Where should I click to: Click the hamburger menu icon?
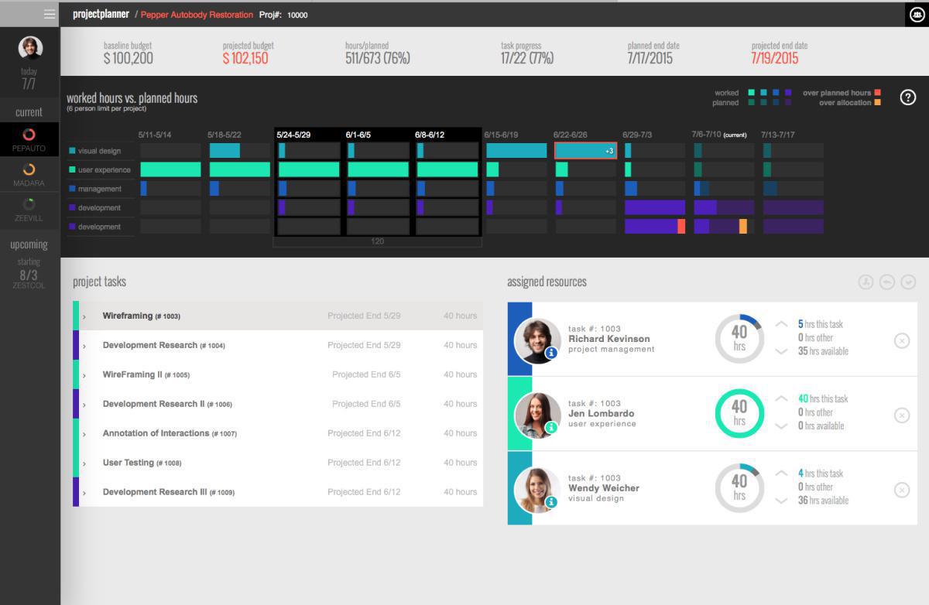[x=50, y=14]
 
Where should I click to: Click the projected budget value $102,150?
[x=245, y=58]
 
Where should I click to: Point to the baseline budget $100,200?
[x=129, y=58]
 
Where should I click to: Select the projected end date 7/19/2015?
[x=774, y=58]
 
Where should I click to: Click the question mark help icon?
[x=908, y=97]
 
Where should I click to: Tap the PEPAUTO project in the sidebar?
[x=29, y=139]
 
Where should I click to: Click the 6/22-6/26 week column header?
[x=570, y=135]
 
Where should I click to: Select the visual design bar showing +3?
[x=585, y=151]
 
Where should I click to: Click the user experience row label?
[x=104, y=170]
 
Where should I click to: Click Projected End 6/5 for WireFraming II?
[x=366, y=374]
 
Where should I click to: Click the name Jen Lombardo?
[x=601, y=413]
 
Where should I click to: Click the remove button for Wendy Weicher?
[x=902, y=489]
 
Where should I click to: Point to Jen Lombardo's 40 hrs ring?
[x=739, y=413]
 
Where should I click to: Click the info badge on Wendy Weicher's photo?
[x=551, y=502]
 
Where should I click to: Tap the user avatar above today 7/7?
[x=30, y=48]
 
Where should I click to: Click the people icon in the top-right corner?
[x=917, y=14]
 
